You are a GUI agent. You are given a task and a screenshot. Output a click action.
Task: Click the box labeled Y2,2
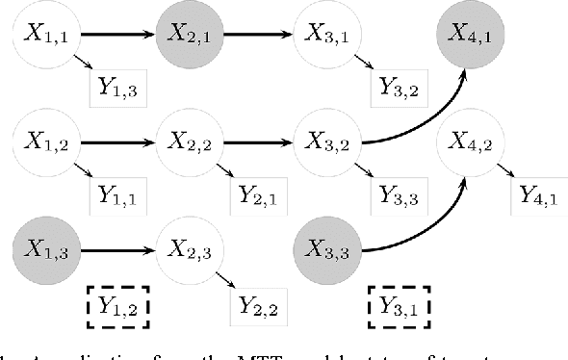tap(259, 305)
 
